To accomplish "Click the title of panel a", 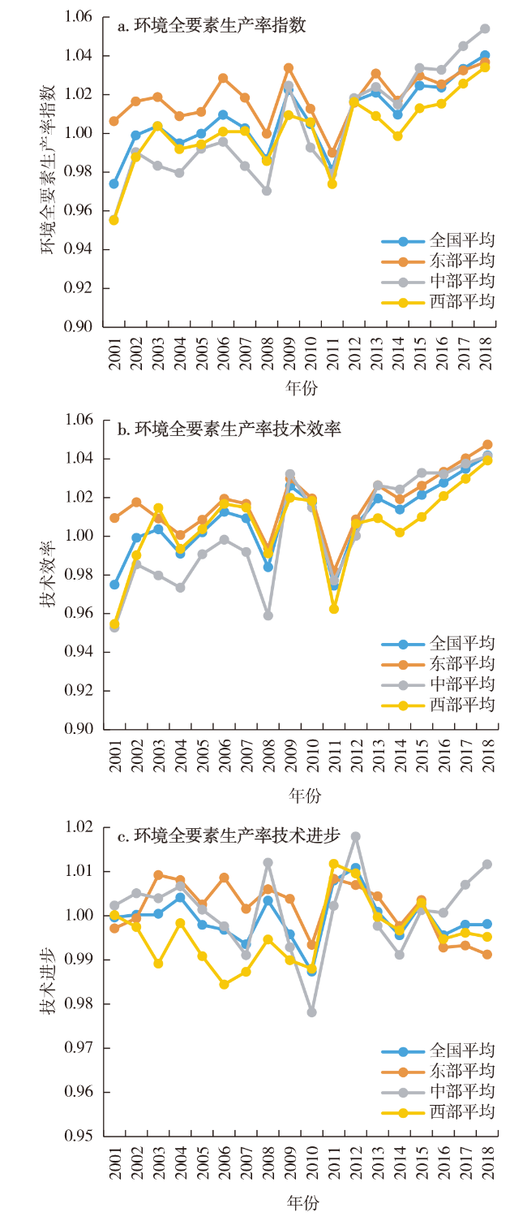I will tap(212, 26).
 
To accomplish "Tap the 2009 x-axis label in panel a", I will tap(289, 352).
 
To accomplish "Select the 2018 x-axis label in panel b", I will tap(486, 755).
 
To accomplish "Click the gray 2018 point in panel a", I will tap(485, 28).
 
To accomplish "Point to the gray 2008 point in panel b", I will tap(268, 615).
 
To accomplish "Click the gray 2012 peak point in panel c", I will tap(355, 836).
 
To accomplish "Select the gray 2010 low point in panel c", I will tap(311, 1012).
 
